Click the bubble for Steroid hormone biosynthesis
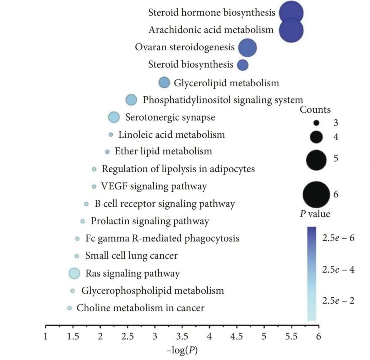pos(291,13)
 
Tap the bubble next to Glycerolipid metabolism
pos(164,83)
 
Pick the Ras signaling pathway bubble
pos(74,273)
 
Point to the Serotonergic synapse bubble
pos(114,117)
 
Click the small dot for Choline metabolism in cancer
pos(70,308)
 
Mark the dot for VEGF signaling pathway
pos(94,186)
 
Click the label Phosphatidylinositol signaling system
pos(223,100)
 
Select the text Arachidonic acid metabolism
pos(211,30)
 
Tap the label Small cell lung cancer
pos(131,256)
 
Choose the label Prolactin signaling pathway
pos(150,221)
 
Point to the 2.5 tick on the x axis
pos(127,336)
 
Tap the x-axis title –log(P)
pos(182,350)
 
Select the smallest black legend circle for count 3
pos(316,123)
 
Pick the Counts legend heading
pos(315,110)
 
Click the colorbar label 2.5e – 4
pos(338,269)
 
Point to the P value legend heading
pos(315,214)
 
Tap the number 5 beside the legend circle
pos(336,159)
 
